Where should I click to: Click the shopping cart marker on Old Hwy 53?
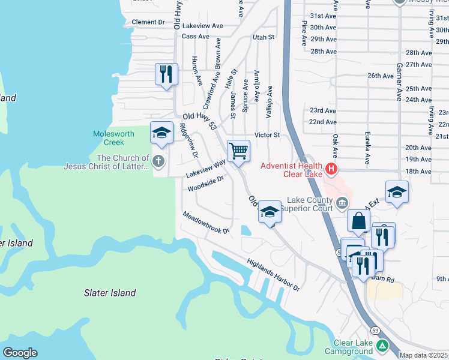coord(238,151)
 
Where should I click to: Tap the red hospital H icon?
coord(330,166)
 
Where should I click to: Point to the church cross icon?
coord(158,160)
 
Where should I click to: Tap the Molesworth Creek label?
coord(109,138)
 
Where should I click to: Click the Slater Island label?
coord(109,293)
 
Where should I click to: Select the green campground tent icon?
coord(382,346)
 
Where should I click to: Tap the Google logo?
coord(20,353)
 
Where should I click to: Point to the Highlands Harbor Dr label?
coord(273,275)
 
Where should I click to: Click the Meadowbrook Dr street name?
coord(206,223)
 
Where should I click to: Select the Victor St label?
coord(267,135)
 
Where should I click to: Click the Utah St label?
coord(263,37)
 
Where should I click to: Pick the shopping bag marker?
coord(358,221)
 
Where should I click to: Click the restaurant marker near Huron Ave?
coord(166,74)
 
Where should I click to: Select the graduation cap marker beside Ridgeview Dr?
coord(161,133)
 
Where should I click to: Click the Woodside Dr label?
coord(205,184)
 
